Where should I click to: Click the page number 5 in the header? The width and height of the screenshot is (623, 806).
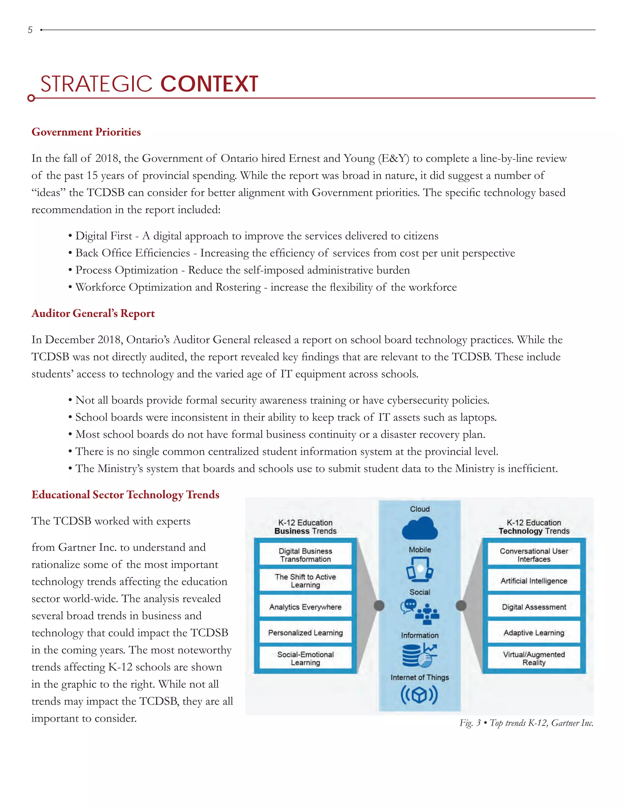[30, 30]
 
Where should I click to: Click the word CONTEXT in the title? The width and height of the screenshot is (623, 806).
[209, 84]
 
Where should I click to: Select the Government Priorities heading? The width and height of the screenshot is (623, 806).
[86, 132]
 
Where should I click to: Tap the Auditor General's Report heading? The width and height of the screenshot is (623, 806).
[93, 313]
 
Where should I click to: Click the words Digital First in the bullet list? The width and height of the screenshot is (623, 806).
[104, 236]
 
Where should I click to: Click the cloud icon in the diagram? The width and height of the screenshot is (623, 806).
[419, 529]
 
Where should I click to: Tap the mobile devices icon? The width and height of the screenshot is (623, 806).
[419, 569]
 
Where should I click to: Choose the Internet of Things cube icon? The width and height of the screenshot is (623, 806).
[419, 695]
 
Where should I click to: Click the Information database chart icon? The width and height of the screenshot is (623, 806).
[419, 655]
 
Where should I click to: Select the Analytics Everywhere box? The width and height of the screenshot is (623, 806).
[305, 607]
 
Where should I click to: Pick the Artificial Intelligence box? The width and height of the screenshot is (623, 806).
[534, 581]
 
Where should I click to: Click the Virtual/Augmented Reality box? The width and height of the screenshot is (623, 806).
[534, 658]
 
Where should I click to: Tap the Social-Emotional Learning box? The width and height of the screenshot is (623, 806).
[305, 658]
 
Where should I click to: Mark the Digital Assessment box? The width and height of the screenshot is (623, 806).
[534, 607]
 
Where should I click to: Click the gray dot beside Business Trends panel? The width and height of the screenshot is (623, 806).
[379, 606]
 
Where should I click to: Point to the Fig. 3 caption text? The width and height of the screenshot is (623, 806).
[526, 723]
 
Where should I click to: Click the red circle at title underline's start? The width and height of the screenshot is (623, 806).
[31, 98]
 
